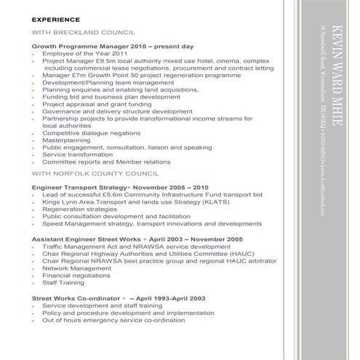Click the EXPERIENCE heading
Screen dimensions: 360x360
pyautogui.click(x=55, y=21)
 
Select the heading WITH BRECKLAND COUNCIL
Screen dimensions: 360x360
pyautogui.click(x=84, y=33)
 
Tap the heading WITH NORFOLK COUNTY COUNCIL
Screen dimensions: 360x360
pyautogui.click(x=95, y=175)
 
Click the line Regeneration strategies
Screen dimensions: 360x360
pyautogui.click(x=78, y=209)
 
